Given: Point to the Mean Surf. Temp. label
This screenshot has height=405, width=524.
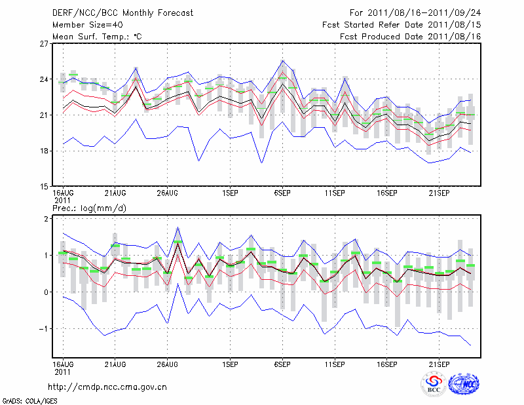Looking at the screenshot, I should tap(97, 37).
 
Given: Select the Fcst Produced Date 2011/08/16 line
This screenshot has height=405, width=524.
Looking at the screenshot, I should tap(411, 37).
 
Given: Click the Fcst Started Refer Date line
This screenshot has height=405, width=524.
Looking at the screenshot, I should tap(402, 25).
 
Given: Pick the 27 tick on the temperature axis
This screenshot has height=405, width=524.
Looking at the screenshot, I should tap(45, 44).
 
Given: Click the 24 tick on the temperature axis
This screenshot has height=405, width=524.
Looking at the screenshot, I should tap(45, 80).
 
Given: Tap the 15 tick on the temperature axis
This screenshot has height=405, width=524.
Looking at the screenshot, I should tap(45, 187).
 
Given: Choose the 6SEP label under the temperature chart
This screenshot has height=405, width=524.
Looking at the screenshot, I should tap(283, 194).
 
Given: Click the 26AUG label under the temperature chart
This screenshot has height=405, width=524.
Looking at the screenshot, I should tap(168, 194).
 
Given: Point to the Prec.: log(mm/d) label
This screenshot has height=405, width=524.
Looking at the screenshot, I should tap(89, 208).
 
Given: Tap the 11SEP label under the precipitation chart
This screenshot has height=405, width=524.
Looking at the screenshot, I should tap(335, 362).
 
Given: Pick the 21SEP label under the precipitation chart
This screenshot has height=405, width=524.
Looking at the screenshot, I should tap(440, 362).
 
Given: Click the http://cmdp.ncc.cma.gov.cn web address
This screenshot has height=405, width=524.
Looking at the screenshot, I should tap(108, 387).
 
